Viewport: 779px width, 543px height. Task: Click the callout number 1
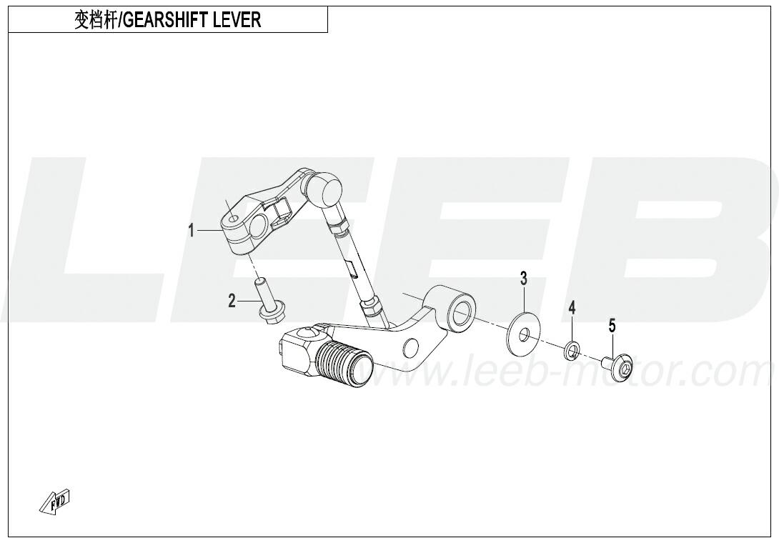[x=192, y=231]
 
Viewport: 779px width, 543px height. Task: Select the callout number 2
[x=232, y=301]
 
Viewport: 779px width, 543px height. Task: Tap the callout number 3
[x=524, y=279]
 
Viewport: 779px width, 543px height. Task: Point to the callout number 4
[x=572, y=308]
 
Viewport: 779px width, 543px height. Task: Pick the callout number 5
[x=612, y=327]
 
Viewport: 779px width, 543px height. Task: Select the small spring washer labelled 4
[x=572, y=350]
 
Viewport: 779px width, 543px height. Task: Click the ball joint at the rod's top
[x=323, y=189]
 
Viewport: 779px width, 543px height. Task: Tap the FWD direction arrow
[x=55, y=501]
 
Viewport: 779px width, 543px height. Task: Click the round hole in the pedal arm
[x=410, y=348]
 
